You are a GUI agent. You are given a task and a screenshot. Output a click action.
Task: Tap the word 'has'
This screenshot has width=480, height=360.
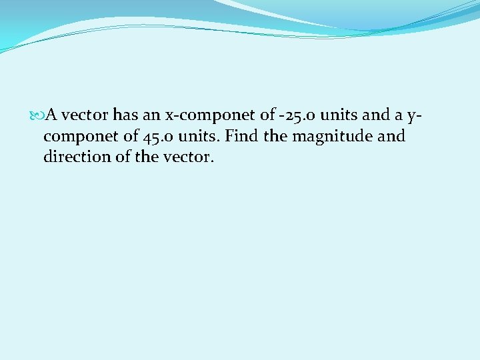click(x=125, y=115)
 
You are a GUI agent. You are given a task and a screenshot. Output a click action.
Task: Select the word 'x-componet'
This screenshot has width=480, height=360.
click(x=201, y=115)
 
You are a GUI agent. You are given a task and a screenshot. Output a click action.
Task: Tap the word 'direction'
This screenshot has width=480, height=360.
click(x=74, y=158)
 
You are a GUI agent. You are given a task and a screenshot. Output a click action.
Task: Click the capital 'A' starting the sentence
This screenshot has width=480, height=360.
click(x=50, y=115)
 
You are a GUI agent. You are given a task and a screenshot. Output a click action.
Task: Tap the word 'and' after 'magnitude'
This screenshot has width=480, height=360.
click(x=391, y=137)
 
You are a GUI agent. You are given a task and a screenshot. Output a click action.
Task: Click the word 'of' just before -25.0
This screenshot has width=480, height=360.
click(x=267, y=115)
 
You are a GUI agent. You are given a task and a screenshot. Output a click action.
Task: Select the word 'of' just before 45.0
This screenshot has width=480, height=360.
click(x=129, y=137)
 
